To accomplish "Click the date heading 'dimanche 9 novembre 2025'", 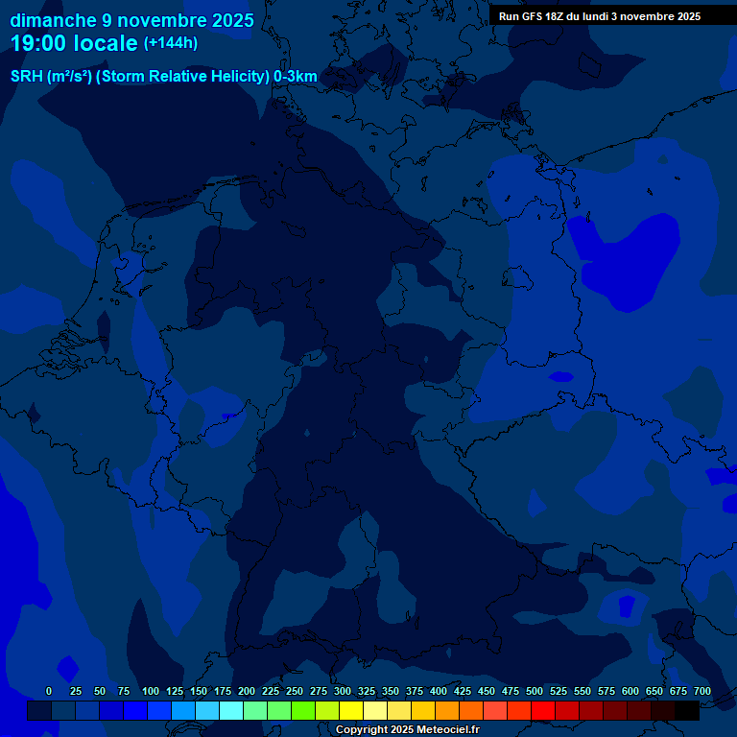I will [x=131, y=20].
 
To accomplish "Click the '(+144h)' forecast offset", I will [x=171, y=43].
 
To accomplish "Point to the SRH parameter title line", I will [x=163, y=77].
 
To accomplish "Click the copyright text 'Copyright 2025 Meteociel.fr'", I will [x=407, y=729].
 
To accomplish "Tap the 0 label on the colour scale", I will [x=49, y=691].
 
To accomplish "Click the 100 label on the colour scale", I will [x=151, y=691].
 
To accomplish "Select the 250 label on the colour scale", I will [x=295, y=691].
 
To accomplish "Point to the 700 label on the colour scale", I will [x=702, y=691].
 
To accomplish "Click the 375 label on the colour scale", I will [x=415, y=691].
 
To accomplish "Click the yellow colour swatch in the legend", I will [x=351, y=710].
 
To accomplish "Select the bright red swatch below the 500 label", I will [x=543, y=710].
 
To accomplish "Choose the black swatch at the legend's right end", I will [x=687, y=710].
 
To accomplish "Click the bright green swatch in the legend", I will [x=303, y=710].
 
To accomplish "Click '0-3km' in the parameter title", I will [x=295, y=77].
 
